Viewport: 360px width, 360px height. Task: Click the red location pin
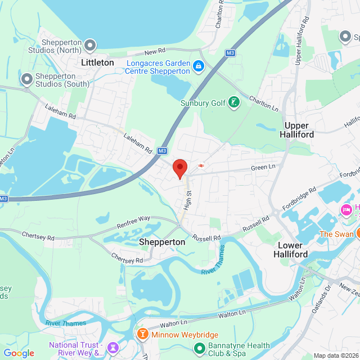pyautogui.click(x=179, y=168)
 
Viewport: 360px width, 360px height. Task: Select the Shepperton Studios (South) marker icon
pyautogui.click(x=26, y=79)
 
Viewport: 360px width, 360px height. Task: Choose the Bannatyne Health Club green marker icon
pyautogui.click(x=199, y=349)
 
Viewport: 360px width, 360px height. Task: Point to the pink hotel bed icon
pyautogui.click(x=346, y=210)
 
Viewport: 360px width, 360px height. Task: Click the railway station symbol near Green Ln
pyautogui.click(x=201, y=165)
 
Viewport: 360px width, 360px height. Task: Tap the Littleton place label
pyautogui.click(x=97, y=62)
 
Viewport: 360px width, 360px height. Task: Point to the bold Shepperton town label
pyautogui.click(x=162, y=242)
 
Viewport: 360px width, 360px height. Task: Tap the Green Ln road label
pyautogui.click(x=263, y=166)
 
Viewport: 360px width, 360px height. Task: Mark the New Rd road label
pyautogui.click(x=152, y=51)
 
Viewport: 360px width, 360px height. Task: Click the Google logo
pyautogui.click(x=19, y=353)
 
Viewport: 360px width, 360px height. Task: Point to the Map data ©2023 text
pyautogui.click(x=335, y=355)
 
